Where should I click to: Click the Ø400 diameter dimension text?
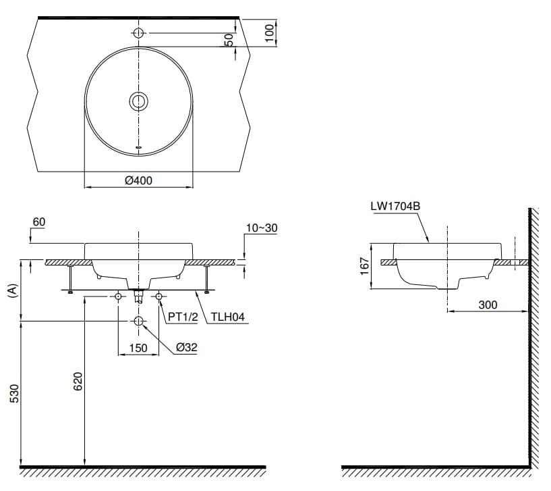click(138, 181)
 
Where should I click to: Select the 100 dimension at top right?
click(270, 33)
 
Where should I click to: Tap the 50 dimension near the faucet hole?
click(229, 40)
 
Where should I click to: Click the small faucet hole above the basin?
click(138, 33)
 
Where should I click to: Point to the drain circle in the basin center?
click(138, 101)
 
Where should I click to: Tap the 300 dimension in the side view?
click(487, 305)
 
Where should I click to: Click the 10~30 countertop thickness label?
click(260, 228)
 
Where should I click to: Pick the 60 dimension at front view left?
click(39, 222)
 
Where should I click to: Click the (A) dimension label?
click(11, 290)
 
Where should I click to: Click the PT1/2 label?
click(182, 315)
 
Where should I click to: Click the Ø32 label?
click(186, 347)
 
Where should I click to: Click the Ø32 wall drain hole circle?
click(138, 322)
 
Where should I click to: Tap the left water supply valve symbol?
click(119, 296)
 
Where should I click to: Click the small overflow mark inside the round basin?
click(138, 146)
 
